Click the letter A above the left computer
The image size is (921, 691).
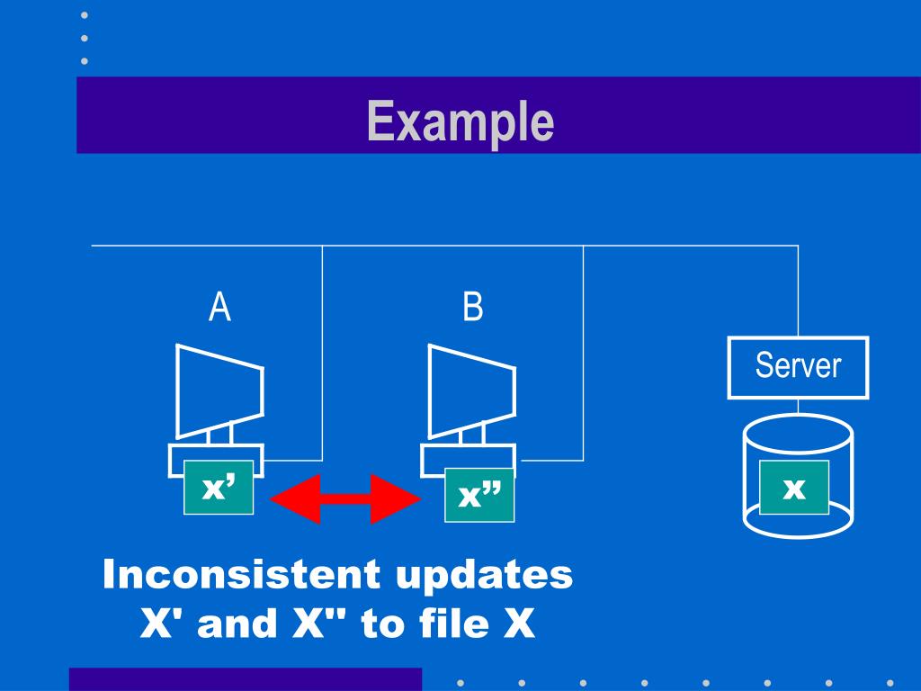click(x=219, y=308)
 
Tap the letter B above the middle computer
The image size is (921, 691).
click(x=472, y=308)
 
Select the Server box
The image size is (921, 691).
click(x=798, y=367)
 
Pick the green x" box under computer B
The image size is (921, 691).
click(x=479, y=495)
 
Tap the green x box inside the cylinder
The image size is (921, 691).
click(x=793, y=488)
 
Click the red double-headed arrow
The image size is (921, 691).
click(x=346, y=498)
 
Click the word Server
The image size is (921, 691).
click(x=798, y=365)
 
